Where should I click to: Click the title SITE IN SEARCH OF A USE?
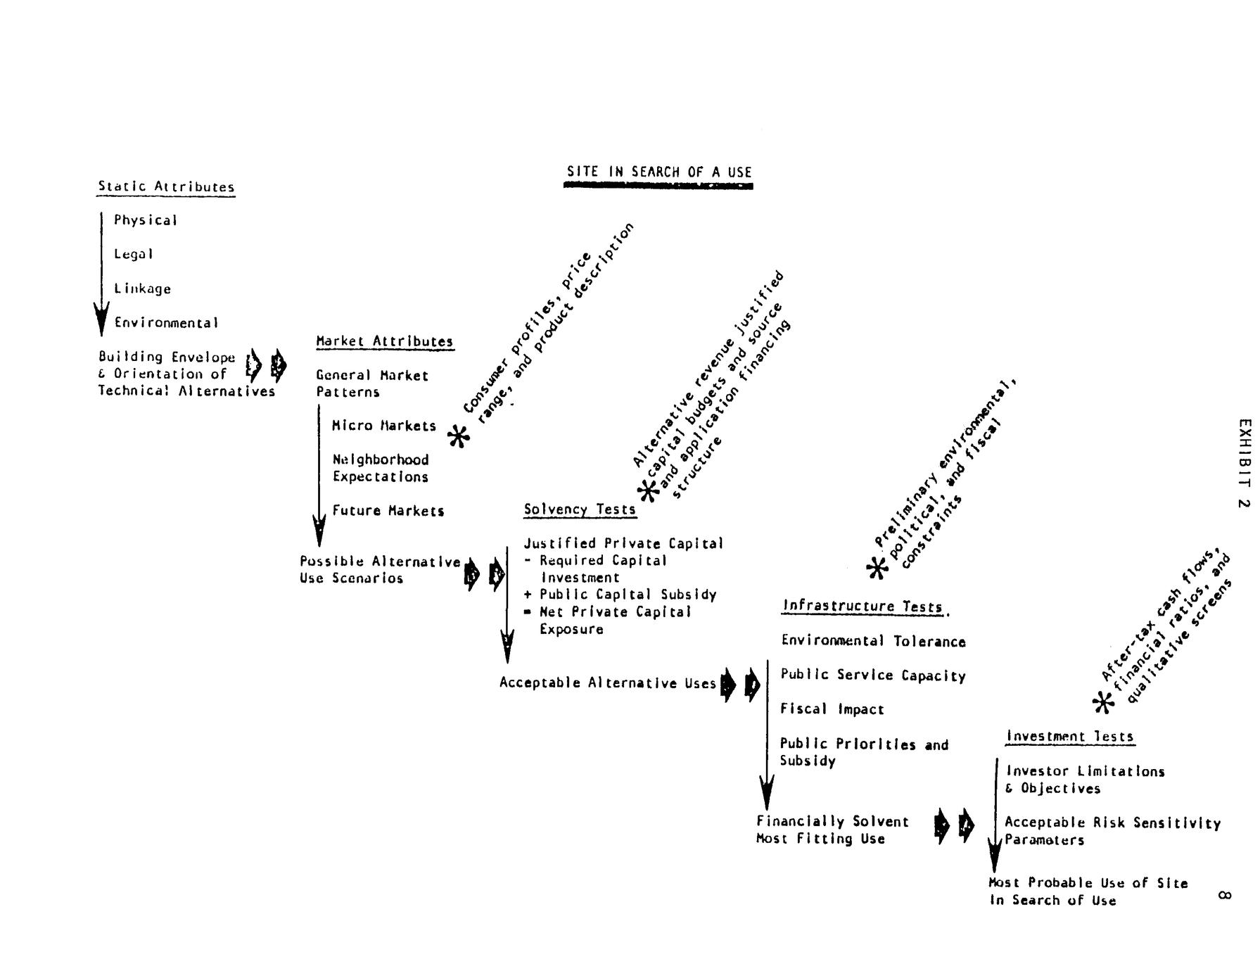pos(659,172)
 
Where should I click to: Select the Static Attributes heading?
pos(166,187)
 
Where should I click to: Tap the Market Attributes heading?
pos(384,341)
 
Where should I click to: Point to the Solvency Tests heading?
pos(580,509)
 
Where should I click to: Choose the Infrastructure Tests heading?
pos(863,607)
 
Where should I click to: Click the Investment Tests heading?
pos(1070,737)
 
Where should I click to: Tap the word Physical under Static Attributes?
pos(146,220)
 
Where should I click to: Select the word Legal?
pos(134,254)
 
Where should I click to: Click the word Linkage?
pos(143,288)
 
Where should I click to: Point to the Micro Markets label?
pos(384,426)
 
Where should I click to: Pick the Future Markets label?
pos(388,511)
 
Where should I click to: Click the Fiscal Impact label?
pos(832,709)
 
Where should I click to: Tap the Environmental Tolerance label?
pos(873,641)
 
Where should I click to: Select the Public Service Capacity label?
pos(873,675)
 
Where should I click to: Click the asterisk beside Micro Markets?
pos(459,437)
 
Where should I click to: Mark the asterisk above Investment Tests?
pos(1103,702)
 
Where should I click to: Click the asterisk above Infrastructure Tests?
pos(877,568)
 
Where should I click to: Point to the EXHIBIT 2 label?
pos(1245,464)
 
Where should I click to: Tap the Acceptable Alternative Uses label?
pos(608,683)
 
